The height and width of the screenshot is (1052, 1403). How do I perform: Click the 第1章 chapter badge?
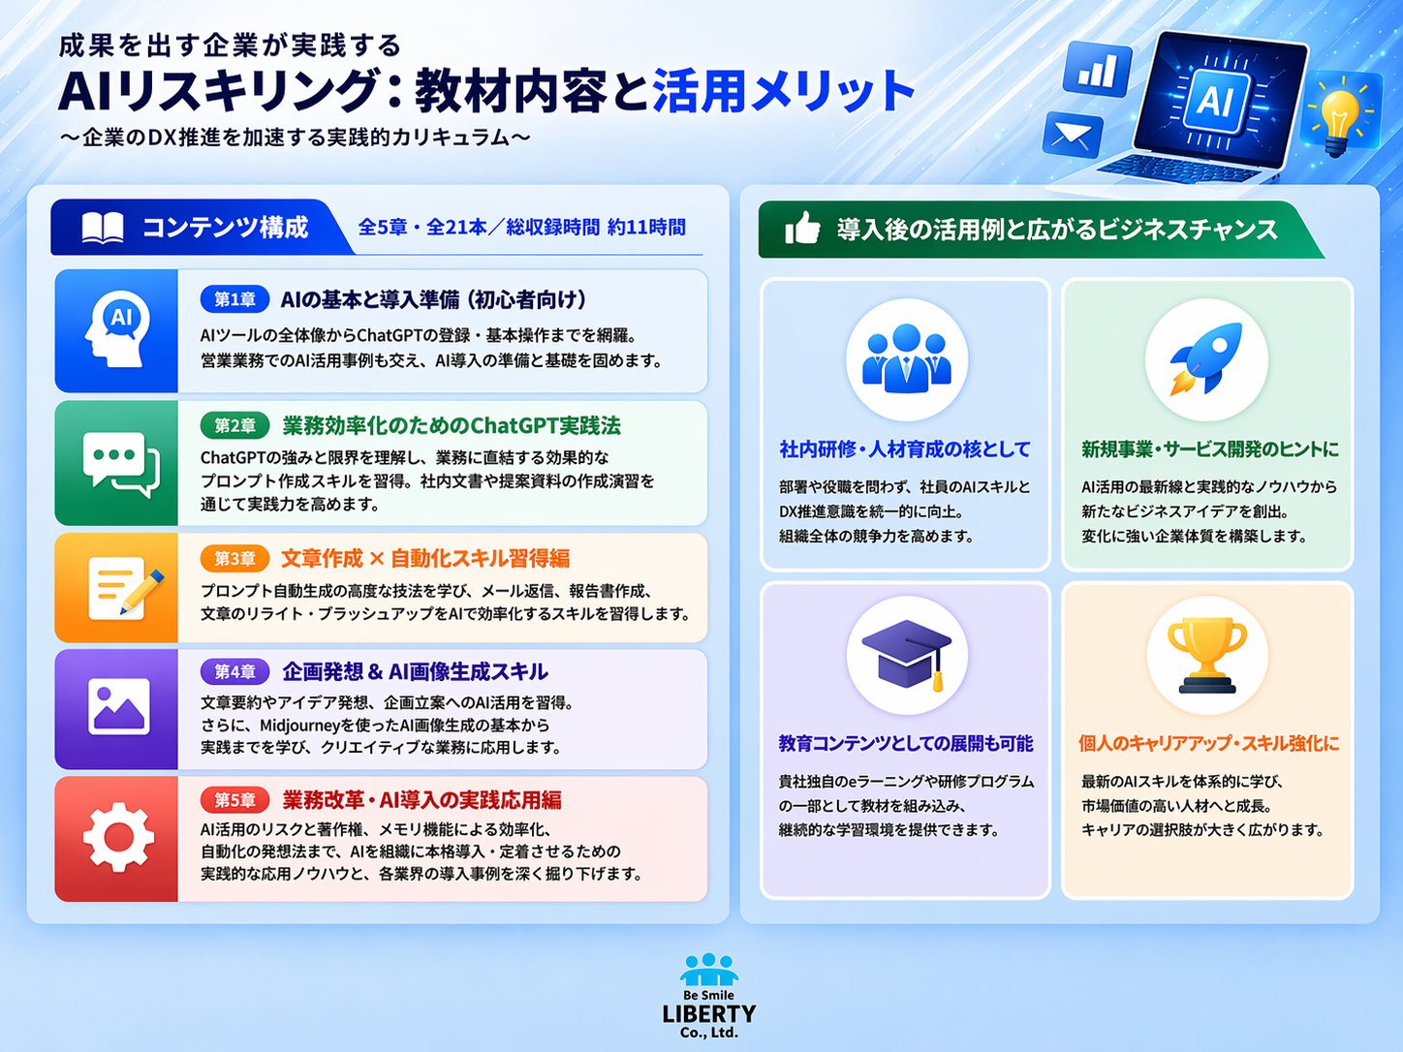[234, 299]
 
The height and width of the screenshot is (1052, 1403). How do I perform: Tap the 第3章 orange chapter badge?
[234, 558]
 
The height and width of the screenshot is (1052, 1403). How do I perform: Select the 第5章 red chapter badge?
[234, 799]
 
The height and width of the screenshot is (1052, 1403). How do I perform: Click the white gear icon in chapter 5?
[118, 837]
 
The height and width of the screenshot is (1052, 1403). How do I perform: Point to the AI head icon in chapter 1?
[117, 329]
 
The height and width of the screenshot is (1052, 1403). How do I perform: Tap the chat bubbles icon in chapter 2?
[121, 463]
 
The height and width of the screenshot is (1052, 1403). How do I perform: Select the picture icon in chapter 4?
[119, 707]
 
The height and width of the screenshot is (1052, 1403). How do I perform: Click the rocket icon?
[1206, 359]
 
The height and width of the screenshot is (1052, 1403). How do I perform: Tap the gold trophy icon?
[1206, 656]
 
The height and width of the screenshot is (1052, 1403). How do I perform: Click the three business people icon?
[906, 358]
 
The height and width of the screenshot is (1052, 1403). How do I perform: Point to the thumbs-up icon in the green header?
[802, 228]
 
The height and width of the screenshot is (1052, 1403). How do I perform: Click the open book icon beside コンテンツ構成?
[103, 228]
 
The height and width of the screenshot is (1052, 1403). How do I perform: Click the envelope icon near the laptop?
[1072, 136]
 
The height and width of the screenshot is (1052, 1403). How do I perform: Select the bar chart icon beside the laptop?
[1097, 69]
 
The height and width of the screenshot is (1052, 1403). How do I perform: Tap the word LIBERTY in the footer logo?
[709, 1013]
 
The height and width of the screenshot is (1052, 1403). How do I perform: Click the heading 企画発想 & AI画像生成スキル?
[416, 671]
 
